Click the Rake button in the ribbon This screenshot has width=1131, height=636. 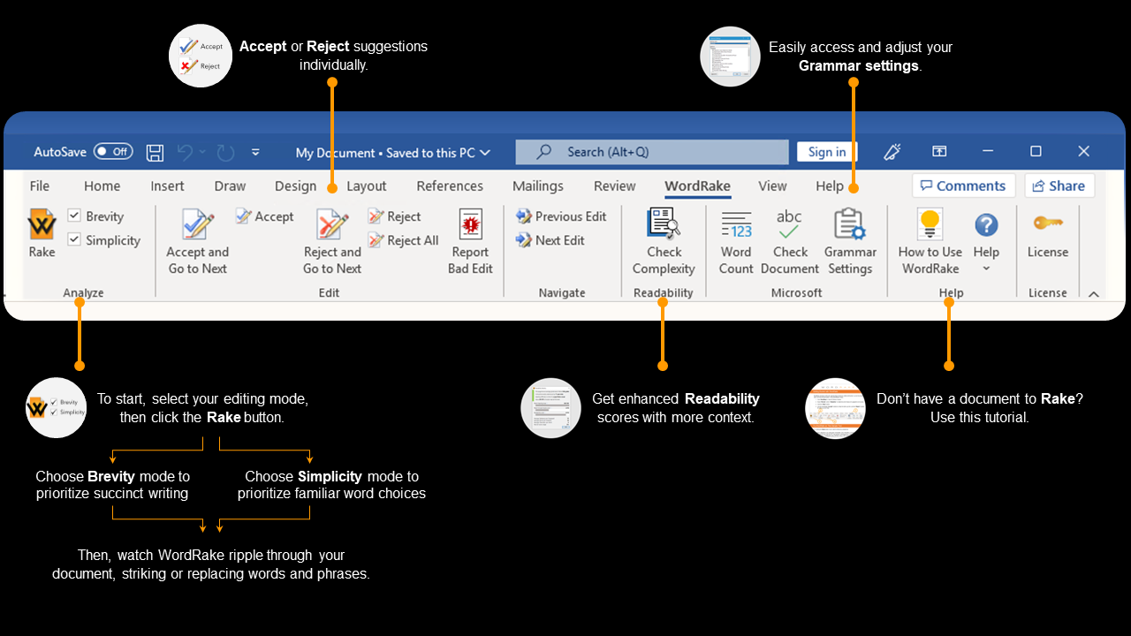point(42,233)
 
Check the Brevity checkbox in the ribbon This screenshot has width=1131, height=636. point(74,216)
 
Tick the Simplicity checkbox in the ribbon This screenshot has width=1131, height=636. point(74,239)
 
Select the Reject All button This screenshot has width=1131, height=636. point(403,240)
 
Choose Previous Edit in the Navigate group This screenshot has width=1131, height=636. point(561,216)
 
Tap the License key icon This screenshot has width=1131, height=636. point(1047,223)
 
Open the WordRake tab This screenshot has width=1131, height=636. point(697,186)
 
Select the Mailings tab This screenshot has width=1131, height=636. point(537,186)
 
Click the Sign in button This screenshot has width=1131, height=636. point(826,152)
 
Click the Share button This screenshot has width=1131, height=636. point(1059,185)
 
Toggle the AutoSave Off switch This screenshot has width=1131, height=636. point(113,152)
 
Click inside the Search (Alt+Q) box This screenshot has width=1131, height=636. point(651,152)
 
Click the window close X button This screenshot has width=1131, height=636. point(1084,152)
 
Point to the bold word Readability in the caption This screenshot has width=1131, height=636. point(722,399)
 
